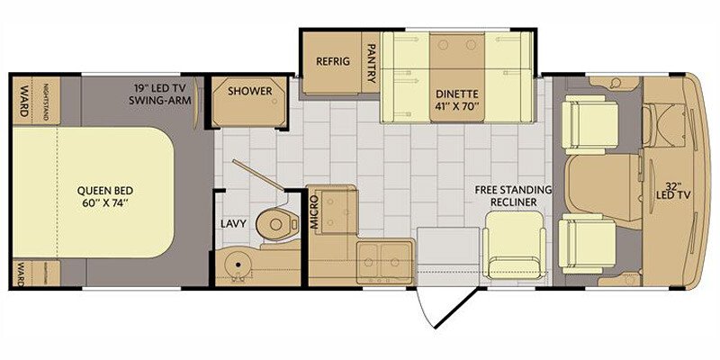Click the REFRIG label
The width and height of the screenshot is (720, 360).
tap(333, 61)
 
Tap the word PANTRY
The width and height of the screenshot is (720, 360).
tap(372, 63)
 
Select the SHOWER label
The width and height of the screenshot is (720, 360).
tap(250, 91)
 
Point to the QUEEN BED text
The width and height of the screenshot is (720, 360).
tap(105, 196)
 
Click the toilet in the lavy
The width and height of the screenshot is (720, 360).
tap(276, 223)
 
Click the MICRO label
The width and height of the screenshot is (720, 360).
tap(314, 212)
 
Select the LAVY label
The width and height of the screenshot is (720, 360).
tap(233, 224)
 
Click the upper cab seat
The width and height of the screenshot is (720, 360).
tap(589, 124)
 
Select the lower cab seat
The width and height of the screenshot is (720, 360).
tap(587, 243)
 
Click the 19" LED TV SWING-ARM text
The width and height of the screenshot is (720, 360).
tap(160, 94)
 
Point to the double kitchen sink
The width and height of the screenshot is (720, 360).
tap(385, 261)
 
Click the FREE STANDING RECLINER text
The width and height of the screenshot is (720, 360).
tap(513, 196)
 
